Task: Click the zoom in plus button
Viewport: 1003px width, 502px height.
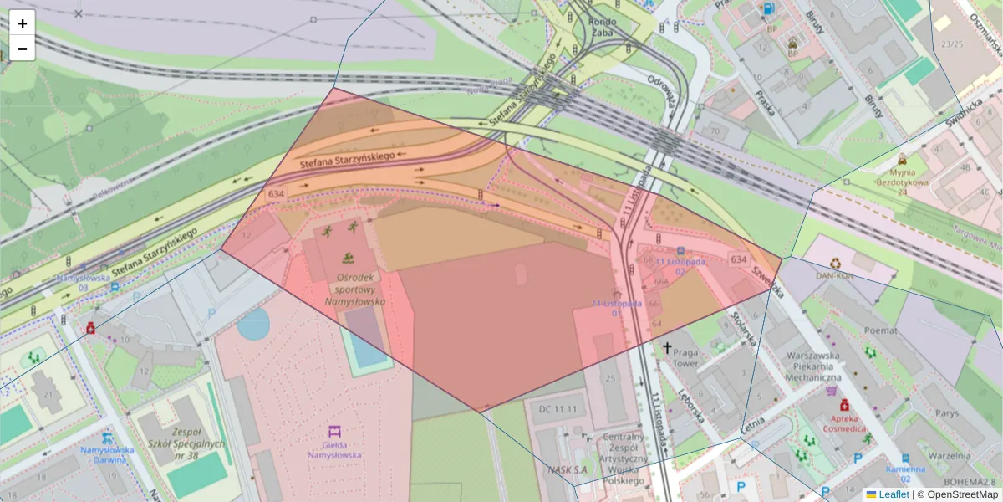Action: pos(23,23)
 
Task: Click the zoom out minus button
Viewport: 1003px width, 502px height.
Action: pos(23,49)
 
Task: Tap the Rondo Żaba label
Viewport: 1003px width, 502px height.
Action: pos(602,28)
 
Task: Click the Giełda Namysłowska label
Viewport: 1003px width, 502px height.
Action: pos(334,450)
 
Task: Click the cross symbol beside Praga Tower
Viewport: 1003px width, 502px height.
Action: pos(667,346)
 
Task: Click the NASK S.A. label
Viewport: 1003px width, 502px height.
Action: pos(569,469)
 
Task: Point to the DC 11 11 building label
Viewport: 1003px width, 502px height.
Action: pos(558,408)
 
